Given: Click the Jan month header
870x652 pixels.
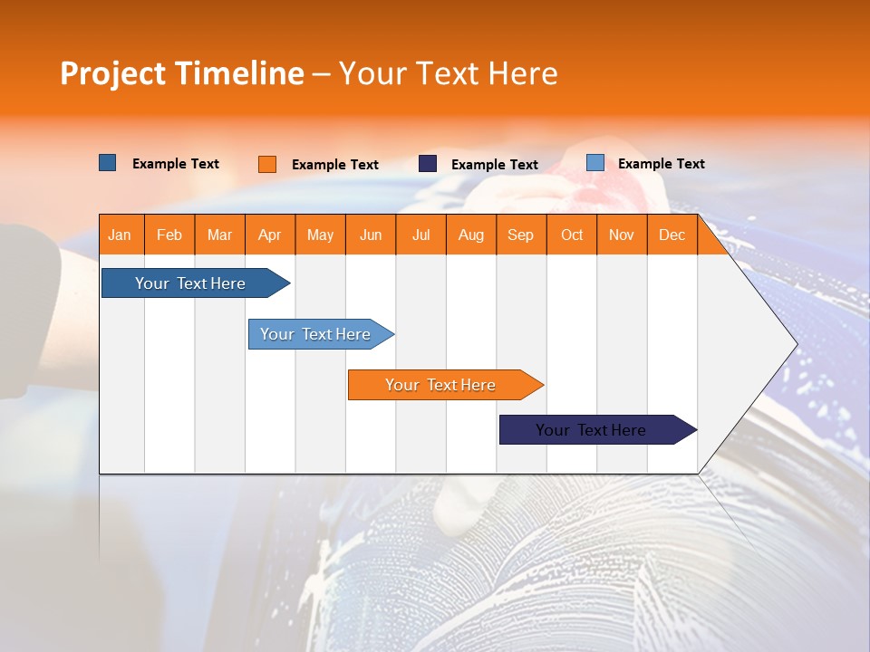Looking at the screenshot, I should (120, 235).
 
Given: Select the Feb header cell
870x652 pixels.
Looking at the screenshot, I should (169, 235).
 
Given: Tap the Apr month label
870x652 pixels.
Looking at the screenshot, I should (269, 235).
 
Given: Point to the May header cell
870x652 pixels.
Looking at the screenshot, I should (320, 235).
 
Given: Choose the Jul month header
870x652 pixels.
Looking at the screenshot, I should (420, 235).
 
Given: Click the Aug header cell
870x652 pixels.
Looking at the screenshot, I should (470, 235).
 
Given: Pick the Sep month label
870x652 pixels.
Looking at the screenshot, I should (520, 235).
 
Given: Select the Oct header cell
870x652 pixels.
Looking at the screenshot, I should (571, 235).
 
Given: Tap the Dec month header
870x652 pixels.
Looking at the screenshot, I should (672, 235).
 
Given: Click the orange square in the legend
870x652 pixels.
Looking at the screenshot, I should (267, 164).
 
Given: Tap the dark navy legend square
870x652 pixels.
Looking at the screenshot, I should (428, 164).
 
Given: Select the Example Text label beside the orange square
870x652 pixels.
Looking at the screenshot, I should (335, 165).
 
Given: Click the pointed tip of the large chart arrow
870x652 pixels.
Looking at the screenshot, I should (794, 344).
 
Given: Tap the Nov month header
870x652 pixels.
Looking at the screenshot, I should (621, 235).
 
